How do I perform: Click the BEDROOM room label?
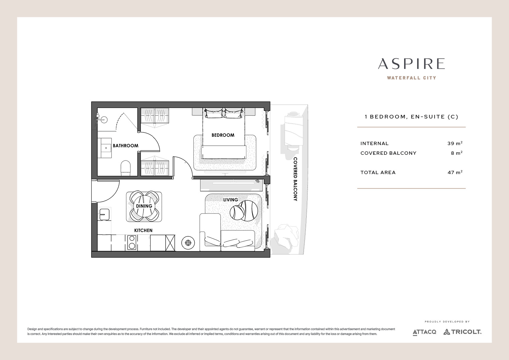[223, 135]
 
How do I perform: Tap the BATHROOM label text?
[125, 146]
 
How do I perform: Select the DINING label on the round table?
[144, 206]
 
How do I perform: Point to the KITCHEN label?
[143, 230]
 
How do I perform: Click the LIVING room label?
[230, 200]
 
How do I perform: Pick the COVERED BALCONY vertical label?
[295, 179]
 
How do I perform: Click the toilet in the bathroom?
[125, 168]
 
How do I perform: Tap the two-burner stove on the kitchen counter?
[131, 242]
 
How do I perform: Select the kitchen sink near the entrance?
[105, 215]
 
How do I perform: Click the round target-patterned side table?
[188, 243]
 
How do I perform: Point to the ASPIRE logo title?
[411, 64]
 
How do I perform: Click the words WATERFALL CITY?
[411, 78]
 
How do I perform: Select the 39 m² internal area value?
[455, 143]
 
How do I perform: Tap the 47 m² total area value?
[455, 172]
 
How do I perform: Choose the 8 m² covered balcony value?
[457, 153]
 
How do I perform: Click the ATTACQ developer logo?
[424, 332]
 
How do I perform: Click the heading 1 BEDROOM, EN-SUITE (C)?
[411, 117]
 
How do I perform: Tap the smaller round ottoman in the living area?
[237, 213]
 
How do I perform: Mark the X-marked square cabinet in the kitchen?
[170, 243]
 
